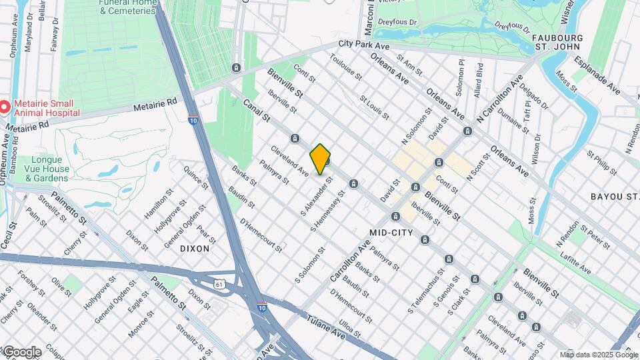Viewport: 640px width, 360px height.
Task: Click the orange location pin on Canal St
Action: click(321, 159)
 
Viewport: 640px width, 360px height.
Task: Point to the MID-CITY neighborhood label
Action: click(392, 233)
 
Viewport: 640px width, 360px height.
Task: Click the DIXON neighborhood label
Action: click(195, 248)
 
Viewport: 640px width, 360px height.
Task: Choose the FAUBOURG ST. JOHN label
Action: click(559, 43)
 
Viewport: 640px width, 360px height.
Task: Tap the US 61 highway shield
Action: click(219, 284)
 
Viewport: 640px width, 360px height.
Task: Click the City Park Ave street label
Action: click(363, 45)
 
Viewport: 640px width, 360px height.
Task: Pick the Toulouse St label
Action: click(344, 68)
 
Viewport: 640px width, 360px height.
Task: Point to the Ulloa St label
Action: click(350, 329)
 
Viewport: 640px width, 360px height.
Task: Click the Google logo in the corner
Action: click(21, 352)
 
